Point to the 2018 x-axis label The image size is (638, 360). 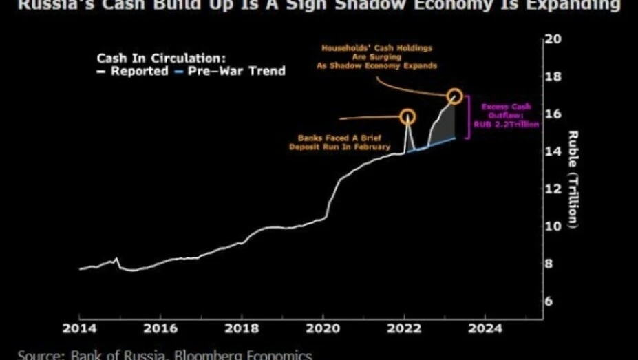coord(242,328)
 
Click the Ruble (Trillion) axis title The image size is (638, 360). coord(573,179)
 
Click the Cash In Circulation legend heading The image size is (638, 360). coord(161,58)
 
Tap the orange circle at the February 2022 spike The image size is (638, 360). coord(407,116)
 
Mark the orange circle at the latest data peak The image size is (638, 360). coord(454,96)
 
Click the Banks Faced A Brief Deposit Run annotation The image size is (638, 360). coord(339,141)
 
